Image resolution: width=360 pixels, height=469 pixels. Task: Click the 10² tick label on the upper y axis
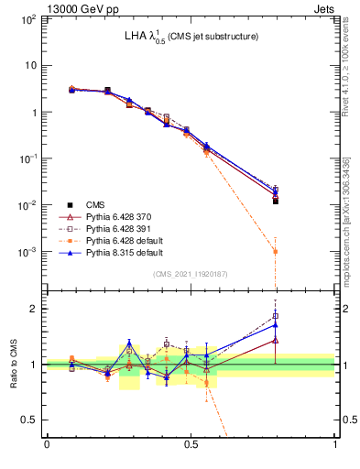pyautogui.click(x=28, y=18)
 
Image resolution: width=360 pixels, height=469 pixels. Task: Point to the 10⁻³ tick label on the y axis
pyautogui.click(x=28, y=251)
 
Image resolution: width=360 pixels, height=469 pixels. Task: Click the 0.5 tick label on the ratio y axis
pyautogui.click(x=29, y=420)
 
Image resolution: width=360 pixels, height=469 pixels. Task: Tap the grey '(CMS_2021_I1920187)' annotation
pyautogui.click(x=191, y=274)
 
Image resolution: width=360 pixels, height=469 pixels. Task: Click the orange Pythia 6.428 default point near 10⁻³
pyautogui.click(x=276, y=251)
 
